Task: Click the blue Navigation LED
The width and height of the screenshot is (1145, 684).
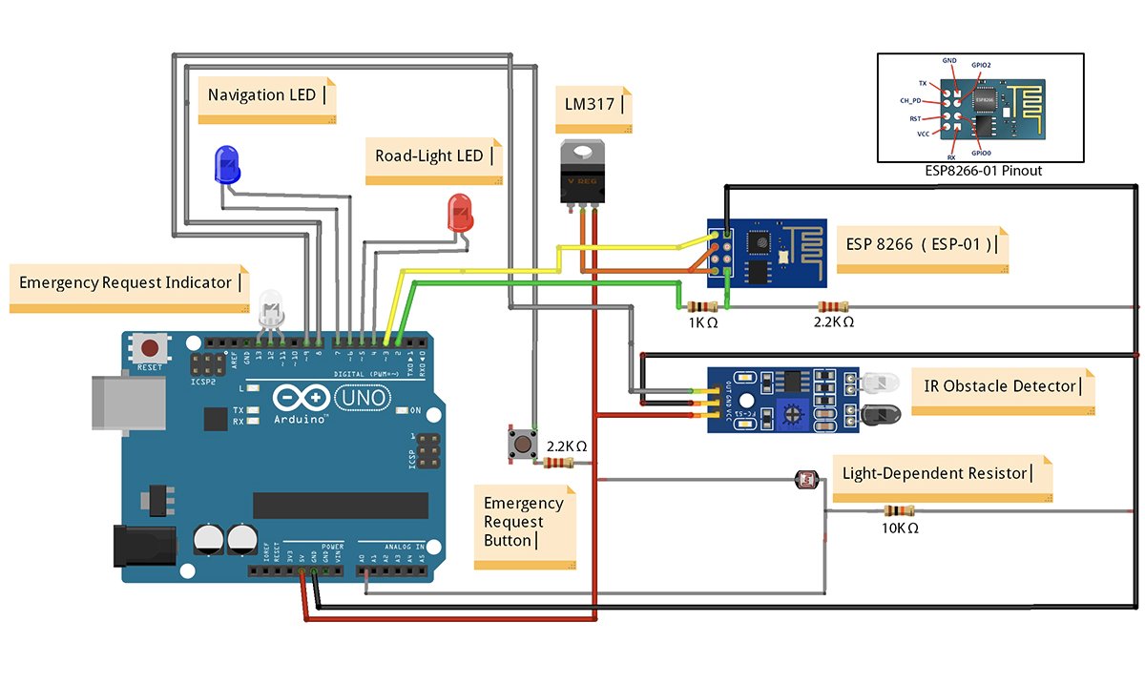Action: pyautogui.click(x=227, y=166)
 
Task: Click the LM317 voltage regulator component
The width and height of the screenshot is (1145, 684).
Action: pyautogui.click(x=582, y=172)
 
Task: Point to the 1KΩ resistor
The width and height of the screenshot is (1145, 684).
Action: pyautogui.click(x=701, y=307)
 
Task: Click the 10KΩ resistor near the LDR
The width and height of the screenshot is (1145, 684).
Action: pyautogui.click(x=899, y=510)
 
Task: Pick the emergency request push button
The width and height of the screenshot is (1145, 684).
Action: pyautogui.click(x=522, y=445)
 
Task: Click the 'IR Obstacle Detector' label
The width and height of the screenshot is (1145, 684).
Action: pyautogui.click(x=1003, y=386)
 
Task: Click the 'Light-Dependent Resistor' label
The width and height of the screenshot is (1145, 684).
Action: pyautogui.click(x=935, y=473)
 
